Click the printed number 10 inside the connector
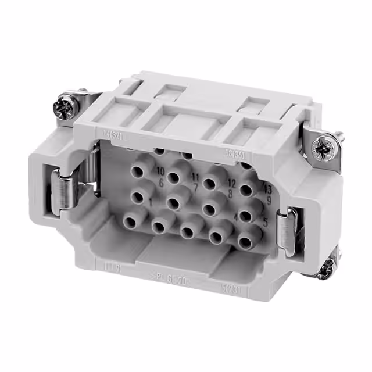(161, 170)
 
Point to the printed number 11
(196, 177)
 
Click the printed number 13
(267, 190)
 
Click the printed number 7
(196, 187)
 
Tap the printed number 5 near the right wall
(266, 221)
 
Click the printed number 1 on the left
(151, 202)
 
